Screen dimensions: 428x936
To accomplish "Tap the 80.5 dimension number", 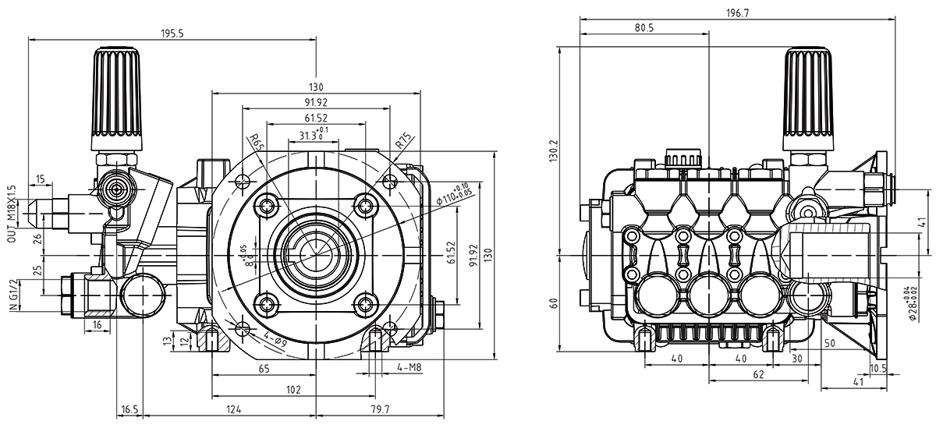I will tap(643, 28).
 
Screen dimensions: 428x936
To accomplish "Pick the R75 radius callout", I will tap(403, 141).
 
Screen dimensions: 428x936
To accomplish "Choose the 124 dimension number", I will tap(232, 409).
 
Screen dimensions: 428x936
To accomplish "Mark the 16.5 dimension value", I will tap(129, 409).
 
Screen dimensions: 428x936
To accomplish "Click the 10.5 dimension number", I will tap(878, 369).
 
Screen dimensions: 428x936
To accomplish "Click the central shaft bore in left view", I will tap(312, 254).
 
